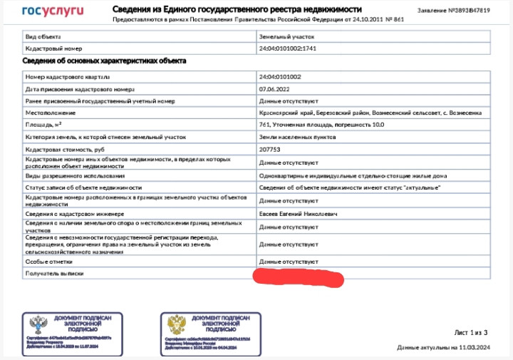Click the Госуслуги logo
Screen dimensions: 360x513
[53, 11]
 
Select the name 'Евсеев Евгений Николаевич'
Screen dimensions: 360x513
[298, 213]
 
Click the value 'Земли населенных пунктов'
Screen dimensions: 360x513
[293, 136]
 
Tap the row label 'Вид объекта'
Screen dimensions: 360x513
[43, 35]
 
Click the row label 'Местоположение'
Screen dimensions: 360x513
[50, 113]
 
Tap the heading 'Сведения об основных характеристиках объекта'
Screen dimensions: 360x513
[105, 61]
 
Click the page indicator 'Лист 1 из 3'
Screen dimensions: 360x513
[470, 332]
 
